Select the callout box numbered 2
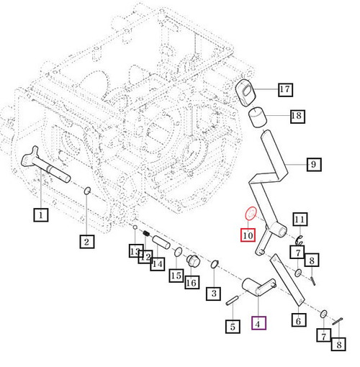86,242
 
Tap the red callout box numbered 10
248,235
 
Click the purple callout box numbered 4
258,323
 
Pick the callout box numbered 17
284,90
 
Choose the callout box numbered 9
313,165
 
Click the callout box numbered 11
300,219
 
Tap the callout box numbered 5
232,327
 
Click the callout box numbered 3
213,293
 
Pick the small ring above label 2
86,191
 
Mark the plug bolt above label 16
192,260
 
